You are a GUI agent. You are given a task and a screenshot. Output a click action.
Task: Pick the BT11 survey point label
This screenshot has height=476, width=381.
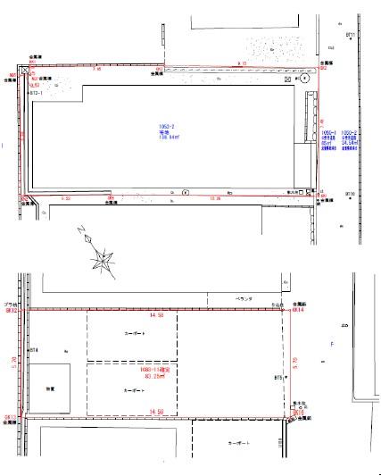tap(351, 35)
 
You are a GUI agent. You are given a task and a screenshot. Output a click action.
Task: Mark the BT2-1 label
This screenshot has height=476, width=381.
tap(37, 91)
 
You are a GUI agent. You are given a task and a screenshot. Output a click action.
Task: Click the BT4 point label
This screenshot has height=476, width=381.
tap(35, 350)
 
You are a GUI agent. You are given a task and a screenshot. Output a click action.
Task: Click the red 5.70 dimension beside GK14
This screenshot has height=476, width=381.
tap(295, 362)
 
